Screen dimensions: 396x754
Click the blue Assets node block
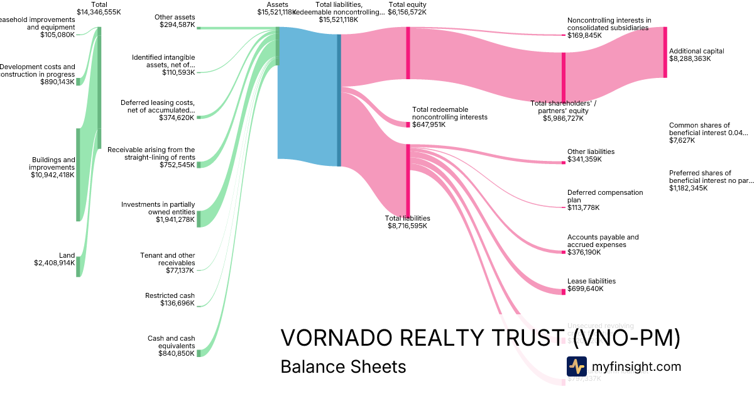point(308,93)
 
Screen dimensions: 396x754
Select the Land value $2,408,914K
point(54,263)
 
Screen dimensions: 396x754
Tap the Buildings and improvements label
point(52,163)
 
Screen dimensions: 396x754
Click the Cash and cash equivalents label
point(171,342)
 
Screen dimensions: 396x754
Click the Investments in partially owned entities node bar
point(199,219)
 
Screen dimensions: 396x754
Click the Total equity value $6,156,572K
point(407,12)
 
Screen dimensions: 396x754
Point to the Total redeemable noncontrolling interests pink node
point(407,124)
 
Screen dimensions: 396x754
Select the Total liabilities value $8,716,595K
point(407,225)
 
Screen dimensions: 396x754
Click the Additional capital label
point(696,51)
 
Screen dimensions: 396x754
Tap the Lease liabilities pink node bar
point(563,292)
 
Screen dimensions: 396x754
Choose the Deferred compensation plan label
point(596,196)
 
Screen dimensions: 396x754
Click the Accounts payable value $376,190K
point(584,252)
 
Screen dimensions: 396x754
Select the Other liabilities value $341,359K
point(584,159)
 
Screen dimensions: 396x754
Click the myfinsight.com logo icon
point(576,366)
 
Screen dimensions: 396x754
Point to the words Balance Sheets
point(343,366)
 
